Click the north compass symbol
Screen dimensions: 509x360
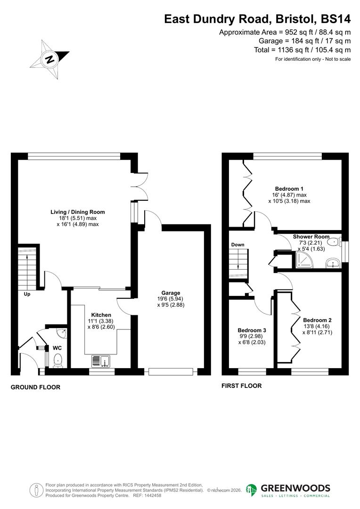pos(49,59)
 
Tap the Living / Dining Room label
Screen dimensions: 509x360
pos(78,212)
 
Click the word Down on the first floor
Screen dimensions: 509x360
pos(238,245)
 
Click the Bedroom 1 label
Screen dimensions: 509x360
pos(289,188)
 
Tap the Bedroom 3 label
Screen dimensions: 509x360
pos(252,330)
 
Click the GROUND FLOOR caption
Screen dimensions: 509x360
pos(36,387)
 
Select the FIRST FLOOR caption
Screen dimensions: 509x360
pos(241,386)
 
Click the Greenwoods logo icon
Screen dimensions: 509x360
pos(252,490)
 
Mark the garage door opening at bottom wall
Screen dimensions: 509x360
pos(171,371)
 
